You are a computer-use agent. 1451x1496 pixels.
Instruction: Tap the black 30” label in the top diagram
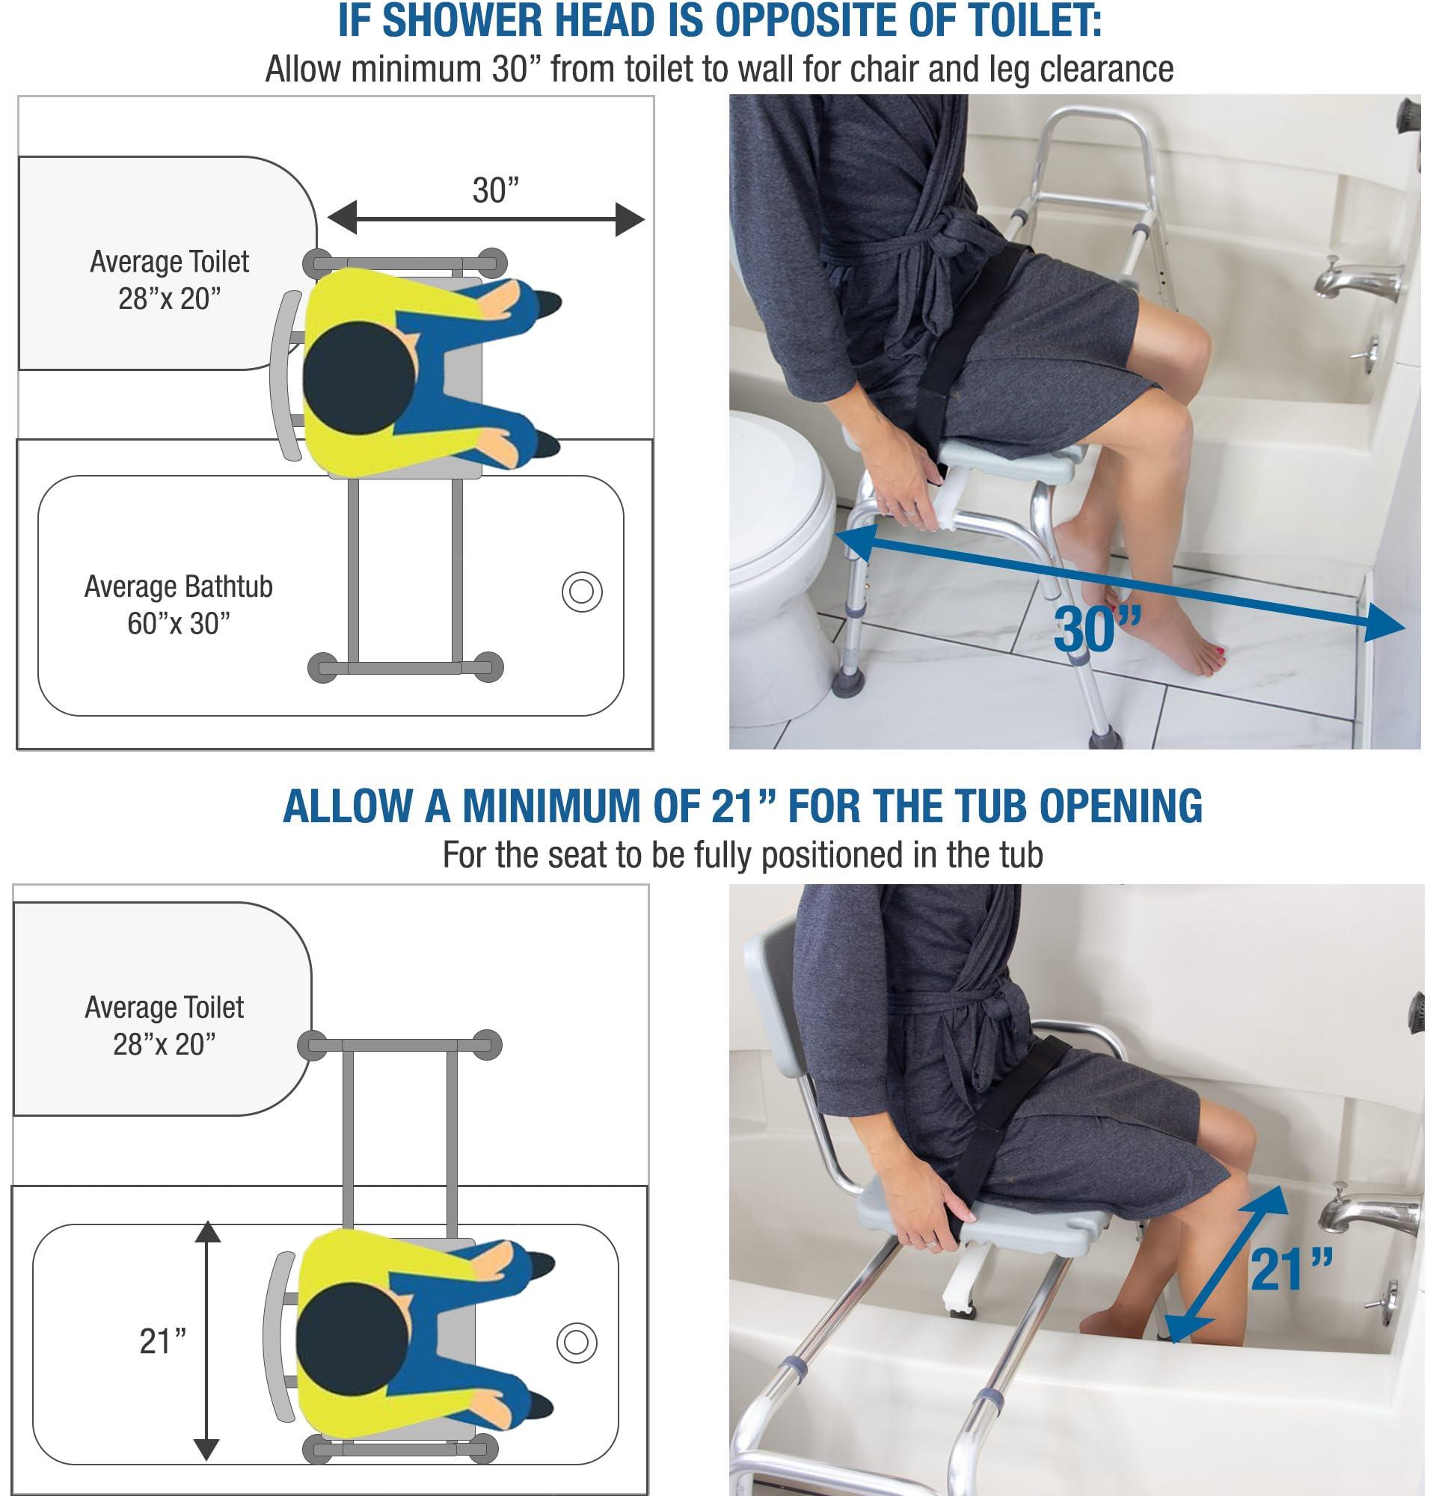495,191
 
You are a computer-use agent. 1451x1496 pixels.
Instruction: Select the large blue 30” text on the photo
1096,630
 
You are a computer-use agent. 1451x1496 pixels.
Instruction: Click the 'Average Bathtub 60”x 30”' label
178,604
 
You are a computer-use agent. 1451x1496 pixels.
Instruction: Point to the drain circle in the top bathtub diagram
582,592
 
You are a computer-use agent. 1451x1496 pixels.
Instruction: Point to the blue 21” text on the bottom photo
1290,1269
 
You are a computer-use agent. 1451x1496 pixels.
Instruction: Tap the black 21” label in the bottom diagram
162,1341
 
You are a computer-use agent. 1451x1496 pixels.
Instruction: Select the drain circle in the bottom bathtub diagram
576,1343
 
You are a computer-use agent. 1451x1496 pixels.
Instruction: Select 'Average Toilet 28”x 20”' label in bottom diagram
164,1025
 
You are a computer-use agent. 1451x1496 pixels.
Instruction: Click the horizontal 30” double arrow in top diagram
485,220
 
